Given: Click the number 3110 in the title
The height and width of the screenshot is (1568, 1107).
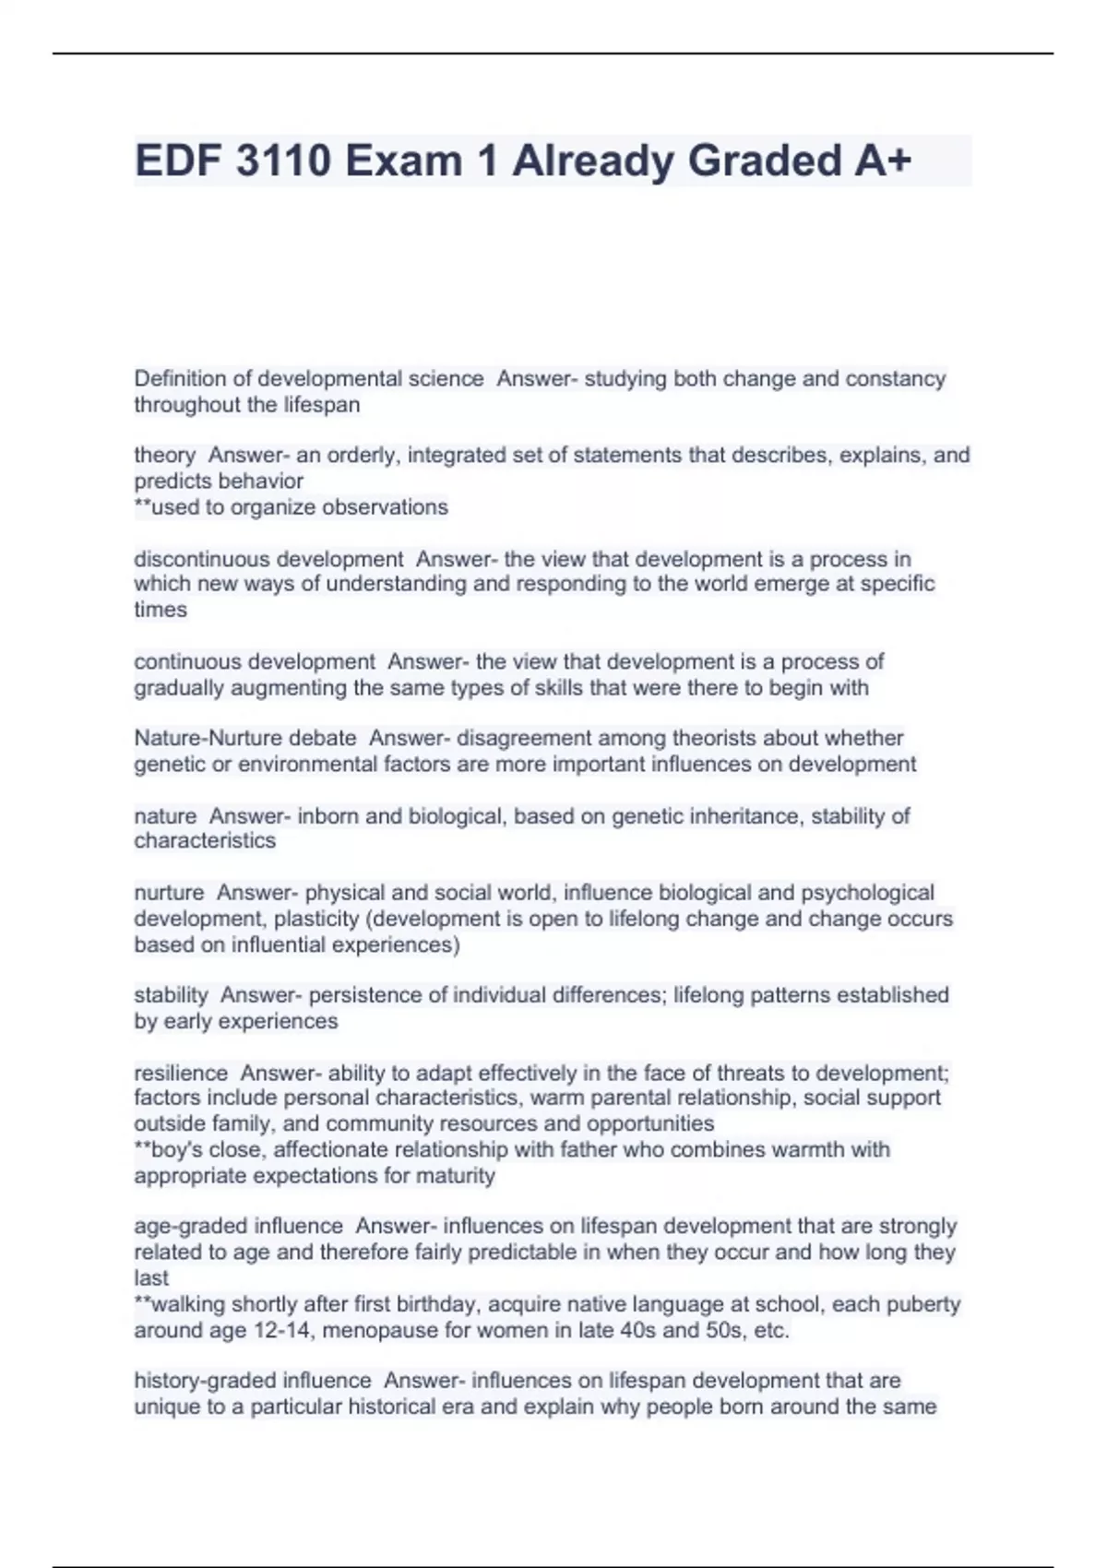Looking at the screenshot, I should pyautogui.click(x=283, y=160).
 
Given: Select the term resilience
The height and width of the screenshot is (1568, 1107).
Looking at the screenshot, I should pyautogui.click(x=181, y=1074).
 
